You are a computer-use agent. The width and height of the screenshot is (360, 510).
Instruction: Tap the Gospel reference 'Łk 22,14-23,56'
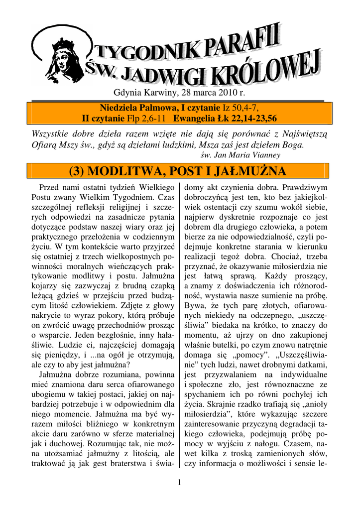click(x=247, y=118)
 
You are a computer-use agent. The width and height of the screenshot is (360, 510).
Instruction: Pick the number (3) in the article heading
click(x=82, y=172)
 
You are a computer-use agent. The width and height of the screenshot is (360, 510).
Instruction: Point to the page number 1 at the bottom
click(x=179, y=482)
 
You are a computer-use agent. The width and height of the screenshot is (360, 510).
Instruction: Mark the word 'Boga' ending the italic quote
click(x=291, y=145)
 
